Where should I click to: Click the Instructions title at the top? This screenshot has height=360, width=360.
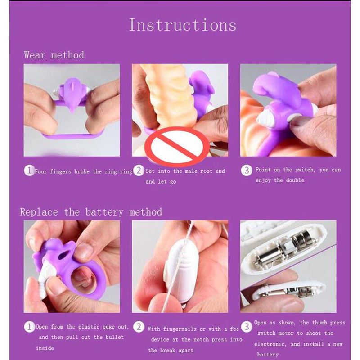pos(183,25)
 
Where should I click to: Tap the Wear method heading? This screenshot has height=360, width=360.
pos(54,55)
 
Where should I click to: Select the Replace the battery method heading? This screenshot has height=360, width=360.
pos(91,211)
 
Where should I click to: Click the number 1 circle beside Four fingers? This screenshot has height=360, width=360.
pos(29,171)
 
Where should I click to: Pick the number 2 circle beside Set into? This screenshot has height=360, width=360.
pos(139,171)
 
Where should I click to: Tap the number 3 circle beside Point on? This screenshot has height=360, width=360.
pos(247,171)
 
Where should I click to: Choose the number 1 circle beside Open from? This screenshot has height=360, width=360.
pos(29,327)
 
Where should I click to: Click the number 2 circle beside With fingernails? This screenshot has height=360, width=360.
pos(139,327)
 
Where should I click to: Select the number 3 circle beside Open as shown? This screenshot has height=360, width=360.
pos(247,327)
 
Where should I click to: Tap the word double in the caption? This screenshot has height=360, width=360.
pos(295,180)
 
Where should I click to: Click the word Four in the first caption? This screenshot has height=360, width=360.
pos(41,171)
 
